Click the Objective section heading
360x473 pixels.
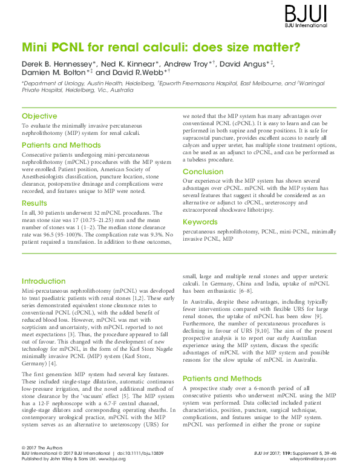point(39,116)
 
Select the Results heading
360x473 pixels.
point(34,203)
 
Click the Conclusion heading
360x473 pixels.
point(203,172)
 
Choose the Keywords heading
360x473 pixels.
point(200,222)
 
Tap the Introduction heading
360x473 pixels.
point(44,281)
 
